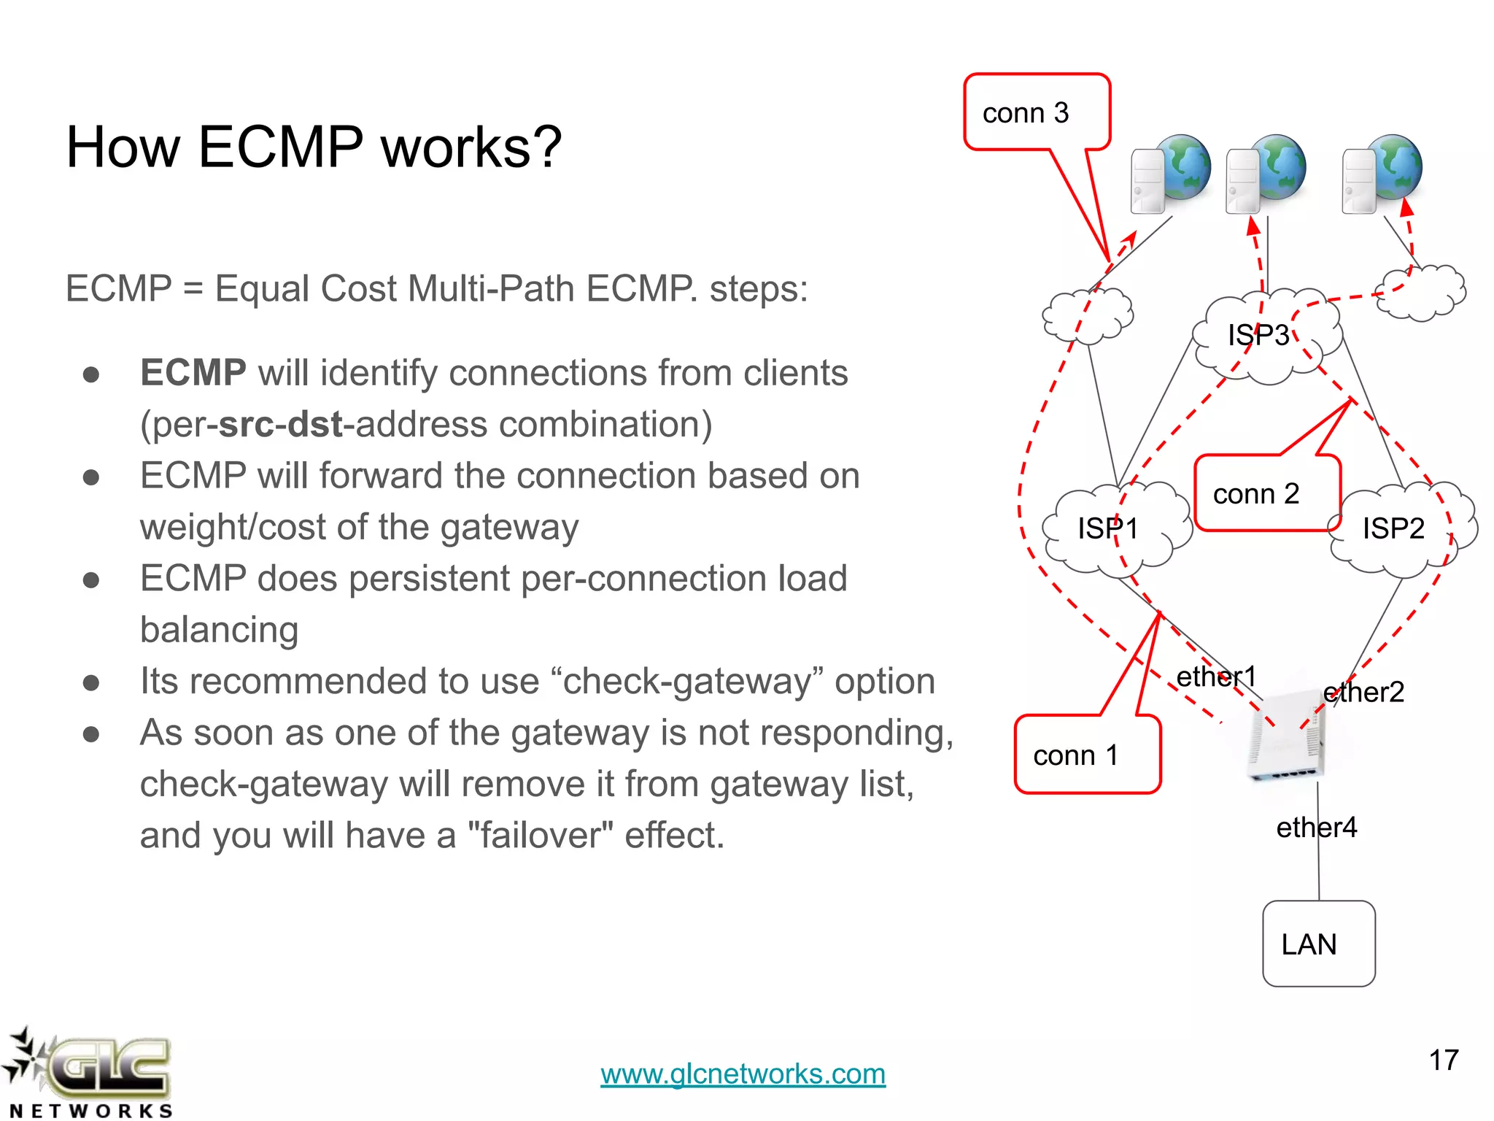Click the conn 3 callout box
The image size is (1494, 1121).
coord(1036,112)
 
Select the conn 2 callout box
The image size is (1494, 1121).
coord(1267,493)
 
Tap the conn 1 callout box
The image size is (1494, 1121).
coord(1087,755)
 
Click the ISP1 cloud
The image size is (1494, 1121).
coord(1112,528)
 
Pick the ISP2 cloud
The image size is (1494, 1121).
coord(1397,528)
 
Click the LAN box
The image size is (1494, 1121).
coord(1319,944)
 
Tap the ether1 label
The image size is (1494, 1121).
coord(1216,677)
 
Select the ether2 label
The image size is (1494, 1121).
coord(1363,692)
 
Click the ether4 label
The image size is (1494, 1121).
coord(1316,827)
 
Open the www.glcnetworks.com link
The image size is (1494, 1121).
coord(743,1074)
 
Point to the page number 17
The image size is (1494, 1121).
coord(1443,1060)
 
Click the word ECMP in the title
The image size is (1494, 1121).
coord(280,147)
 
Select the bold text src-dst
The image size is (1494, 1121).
coord(280,424)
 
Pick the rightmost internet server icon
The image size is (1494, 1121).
coord(1382,173)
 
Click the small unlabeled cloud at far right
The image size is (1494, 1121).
coord(1420,292)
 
